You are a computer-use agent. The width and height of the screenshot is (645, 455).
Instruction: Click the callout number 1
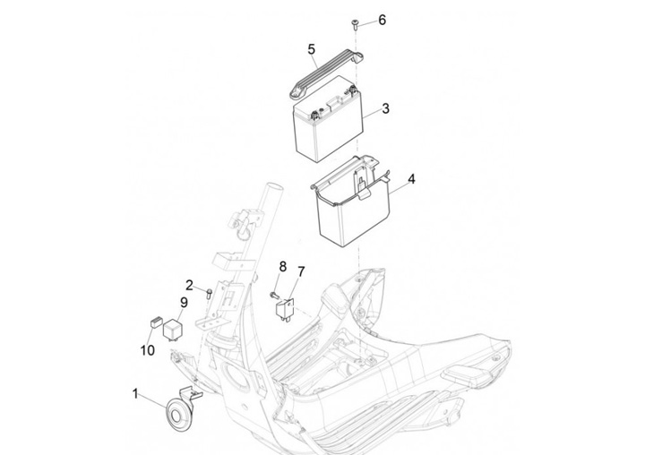[x=136, y=394]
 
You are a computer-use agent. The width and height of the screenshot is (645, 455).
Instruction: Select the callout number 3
[x=385, y=109]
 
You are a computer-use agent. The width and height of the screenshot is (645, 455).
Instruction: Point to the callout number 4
[x=411, y=180]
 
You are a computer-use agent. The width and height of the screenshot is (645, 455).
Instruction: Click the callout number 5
[x=311, y=48]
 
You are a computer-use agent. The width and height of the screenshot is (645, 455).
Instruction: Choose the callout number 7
[x=301, y=270]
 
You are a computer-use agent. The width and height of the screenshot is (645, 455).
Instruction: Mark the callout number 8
[x=282, y=266]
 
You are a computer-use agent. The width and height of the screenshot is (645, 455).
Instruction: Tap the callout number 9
[x=184, y=302]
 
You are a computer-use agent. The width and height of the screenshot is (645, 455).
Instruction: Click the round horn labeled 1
[x=176, y=415]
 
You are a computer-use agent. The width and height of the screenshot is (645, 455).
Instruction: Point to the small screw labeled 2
[x=209, y=291]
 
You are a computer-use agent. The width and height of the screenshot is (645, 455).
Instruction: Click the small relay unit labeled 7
[x=286, y=306]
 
